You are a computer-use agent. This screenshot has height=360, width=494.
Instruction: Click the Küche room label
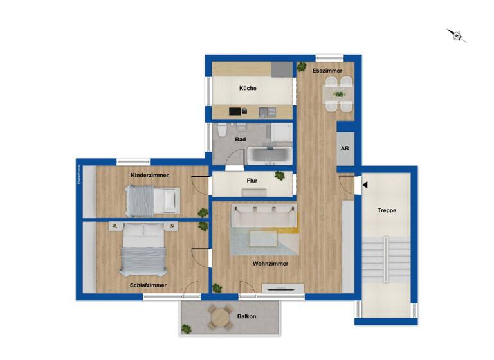pyautogui.click(x=248, y=88)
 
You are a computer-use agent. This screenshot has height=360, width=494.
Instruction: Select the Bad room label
pyautogui.click(x=240, y=139)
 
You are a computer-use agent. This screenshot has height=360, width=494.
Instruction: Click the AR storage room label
pyautogui.click(x=345, y=148)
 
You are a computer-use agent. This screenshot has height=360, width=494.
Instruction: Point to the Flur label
pyautogui.click(x=252, y=181)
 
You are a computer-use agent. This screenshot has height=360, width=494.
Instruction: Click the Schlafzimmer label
pyautogui.click(x=148, y=285)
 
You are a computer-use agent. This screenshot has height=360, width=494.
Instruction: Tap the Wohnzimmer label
pyautogui.click(x=270, y=263)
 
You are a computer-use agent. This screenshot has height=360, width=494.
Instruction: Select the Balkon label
pyautogui.click(x=247, y=316)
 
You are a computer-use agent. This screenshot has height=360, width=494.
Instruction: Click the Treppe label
pyautogui.click(x=387, y=210)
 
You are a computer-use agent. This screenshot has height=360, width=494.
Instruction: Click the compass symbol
pyautogui.click(x=457, y=35)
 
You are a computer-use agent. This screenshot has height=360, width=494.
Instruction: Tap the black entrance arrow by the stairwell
pyautogui.click(x=364, y=185)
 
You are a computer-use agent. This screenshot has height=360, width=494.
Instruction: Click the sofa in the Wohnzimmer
pyautogui.click(x=264, y=217)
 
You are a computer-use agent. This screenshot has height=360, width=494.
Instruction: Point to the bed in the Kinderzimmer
pyautogui.click(x=152, y=200)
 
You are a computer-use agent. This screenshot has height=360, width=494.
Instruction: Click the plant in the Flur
pyautogui.click(x=279, y=175)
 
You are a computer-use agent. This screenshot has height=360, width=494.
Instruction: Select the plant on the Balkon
pyautogui.click(x=187, y=328)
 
